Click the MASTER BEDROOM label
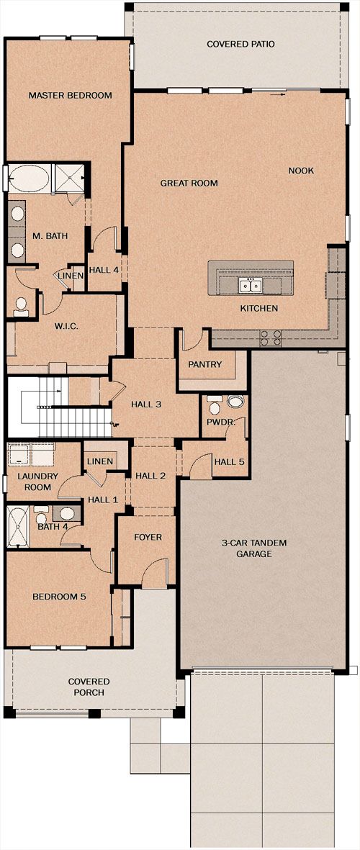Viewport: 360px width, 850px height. [70, 96]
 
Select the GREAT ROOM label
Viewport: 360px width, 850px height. [189, 184]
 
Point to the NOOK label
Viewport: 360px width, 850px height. [301, 171]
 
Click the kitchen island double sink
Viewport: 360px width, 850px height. [251, 284]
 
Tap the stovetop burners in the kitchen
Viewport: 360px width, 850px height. [271, 338]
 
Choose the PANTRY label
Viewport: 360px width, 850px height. [205, 364]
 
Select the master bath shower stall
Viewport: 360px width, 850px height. [69, 177]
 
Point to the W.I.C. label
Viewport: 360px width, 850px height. [67, 326]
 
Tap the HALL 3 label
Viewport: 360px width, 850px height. [146, 404]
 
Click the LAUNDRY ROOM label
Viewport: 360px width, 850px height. [34, 482]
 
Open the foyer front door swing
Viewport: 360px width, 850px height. [154, 572]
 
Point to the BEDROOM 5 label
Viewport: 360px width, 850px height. [59, 597]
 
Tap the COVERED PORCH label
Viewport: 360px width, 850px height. [89, 687]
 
